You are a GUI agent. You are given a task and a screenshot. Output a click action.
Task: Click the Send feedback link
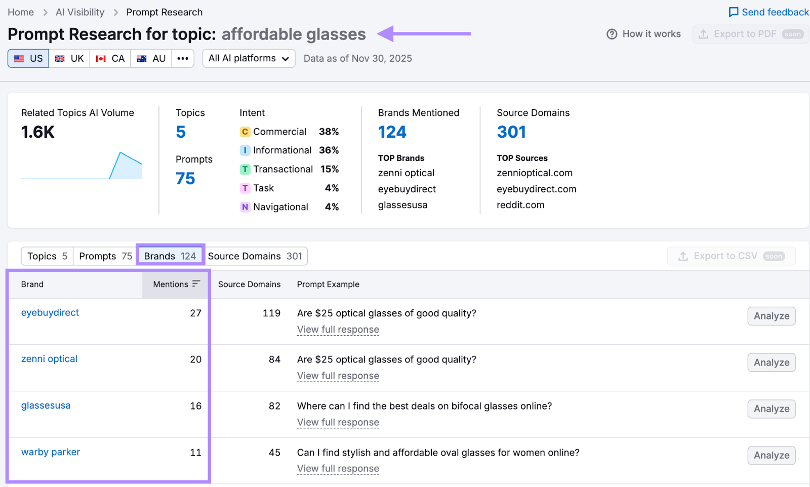click(x=768, y=12)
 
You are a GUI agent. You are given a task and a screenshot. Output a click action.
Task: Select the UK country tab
click(x=70, y=59)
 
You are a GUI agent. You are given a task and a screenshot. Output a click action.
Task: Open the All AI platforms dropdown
click(x=249, y=59)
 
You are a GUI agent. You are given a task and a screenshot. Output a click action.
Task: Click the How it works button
click(x=644, y=34)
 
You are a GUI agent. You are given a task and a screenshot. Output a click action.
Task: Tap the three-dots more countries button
click(x=183, y=59)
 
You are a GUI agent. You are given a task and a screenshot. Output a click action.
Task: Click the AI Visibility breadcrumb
click(x=80, y=12)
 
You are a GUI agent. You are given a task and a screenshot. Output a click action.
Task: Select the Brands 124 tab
click(x=170, y=256)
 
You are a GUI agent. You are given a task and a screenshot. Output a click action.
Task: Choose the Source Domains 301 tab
click(x=255, y=256)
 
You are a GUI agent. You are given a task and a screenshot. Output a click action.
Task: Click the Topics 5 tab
click(x=47, y=256)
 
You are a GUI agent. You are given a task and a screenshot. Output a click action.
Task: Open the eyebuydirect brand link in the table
click(x=50, y=313)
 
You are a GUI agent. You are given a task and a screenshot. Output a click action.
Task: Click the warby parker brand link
click(x=51, y=452)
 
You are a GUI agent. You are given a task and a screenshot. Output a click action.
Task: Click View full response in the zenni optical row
click(x=338, y=376)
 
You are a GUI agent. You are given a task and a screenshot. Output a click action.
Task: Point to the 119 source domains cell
click(x=271, y=313)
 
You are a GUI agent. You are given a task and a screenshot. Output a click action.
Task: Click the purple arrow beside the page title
click(x=424, y=34)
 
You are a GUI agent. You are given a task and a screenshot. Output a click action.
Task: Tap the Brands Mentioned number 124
click(x=392, y=132)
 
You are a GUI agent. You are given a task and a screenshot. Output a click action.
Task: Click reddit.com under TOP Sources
click(x=520, y=205)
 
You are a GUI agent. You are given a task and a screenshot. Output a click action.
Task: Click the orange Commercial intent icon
click(x=245, y=132)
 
